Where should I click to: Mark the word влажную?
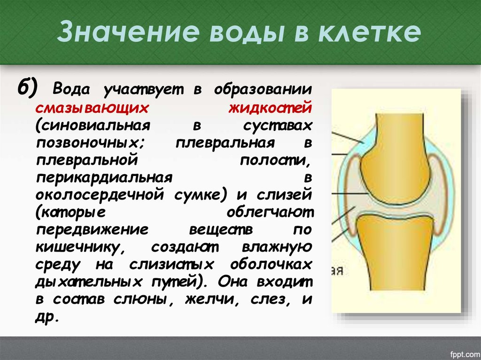coord(277,246)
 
